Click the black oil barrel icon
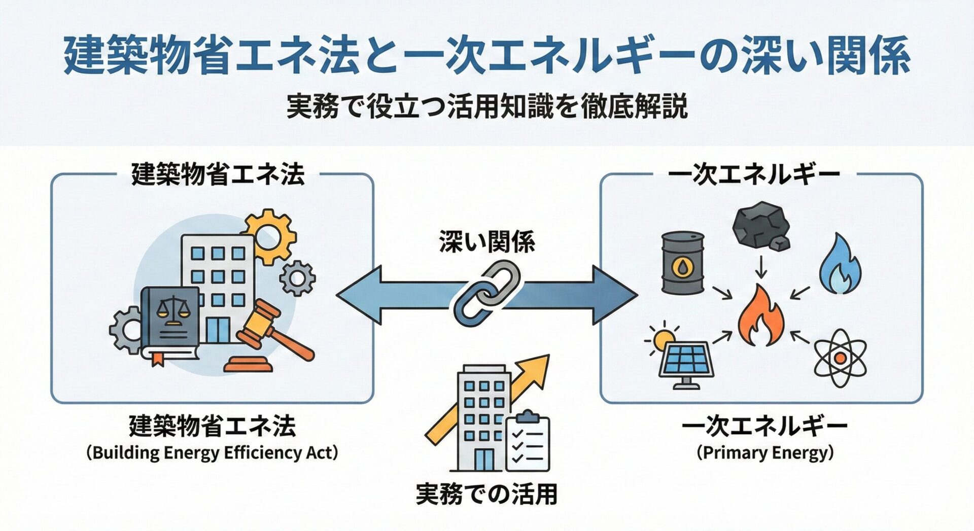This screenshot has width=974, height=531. [683, 263]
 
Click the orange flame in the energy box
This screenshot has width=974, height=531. [761, 317]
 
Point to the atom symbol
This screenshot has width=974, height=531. [840, 358]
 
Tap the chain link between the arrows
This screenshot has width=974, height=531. [487, 294]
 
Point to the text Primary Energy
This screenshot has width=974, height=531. [765, 452]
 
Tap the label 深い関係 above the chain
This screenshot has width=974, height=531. [487, 242]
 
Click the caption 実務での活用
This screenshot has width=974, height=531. [486, 494]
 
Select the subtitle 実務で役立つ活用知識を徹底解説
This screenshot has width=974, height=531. [487, 107]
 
